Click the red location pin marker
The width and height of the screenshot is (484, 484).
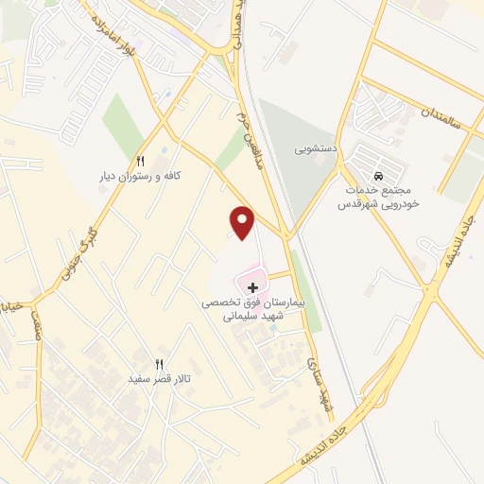[244, 221]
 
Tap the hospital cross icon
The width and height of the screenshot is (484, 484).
[252, 286]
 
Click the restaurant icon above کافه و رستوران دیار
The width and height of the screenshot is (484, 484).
[141, 161]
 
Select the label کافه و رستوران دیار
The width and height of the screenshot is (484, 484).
[141, 177]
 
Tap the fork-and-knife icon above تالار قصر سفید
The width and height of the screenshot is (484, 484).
[159, 364]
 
